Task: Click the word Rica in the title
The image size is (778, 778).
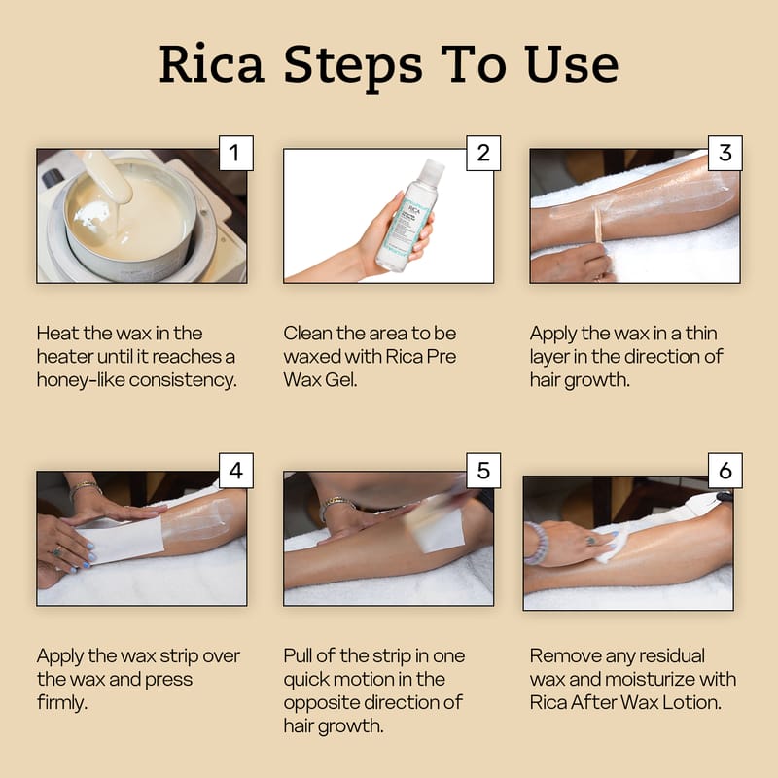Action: pos(211,63)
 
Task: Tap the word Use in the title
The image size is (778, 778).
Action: pos(572,63)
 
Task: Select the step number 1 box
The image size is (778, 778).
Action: pos(236,153)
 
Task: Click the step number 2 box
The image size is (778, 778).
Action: pos(483,153)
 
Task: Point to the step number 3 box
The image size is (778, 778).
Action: pos(725,153)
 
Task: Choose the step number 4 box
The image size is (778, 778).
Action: pos(236,471)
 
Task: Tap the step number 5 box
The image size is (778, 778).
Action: pos(483,471)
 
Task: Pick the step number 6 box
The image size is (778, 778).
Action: pos(725,471)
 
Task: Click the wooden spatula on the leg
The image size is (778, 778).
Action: pos(597,227)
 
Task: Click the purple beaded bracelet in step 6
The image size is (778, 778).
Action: pos(538,544)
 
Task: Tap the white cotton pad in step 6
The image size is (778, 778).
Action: pos(612,546)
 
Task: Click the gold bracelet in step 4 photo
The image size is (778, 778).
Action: pos(84,489)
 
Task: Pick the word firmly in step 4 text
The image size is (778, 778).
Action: pos(62,702)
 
